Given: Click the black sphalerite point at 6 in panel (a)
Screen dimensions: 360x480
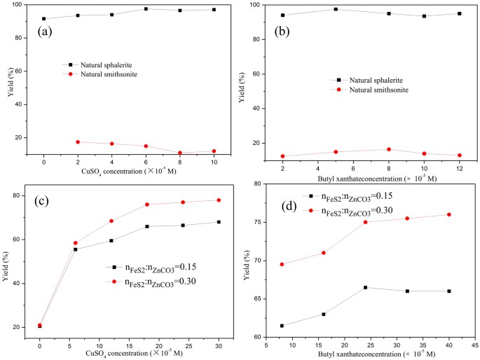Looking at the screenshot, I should (x=146, y=8).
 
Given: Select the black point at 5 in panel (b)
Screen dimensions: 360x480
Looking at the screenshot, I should (x=336, y=9).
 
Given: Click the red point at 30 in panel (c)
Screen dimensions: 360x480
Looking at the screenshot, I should (x=219, y=200).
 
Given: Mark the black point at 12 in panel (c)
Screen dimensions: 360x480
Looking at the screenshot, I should (x=111, y=240).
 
